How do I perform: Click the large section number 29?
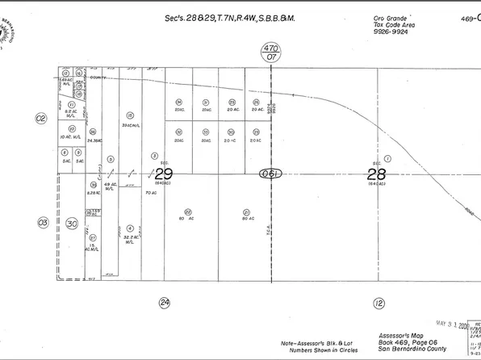pos(164,174)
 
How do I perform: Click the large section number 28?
pos(376,174)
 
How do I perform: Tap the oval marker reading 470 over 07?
pos(270,53)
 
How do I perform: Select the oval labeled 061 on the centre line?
pos(270,174)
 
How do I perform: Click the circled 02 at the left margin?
pos(41,118)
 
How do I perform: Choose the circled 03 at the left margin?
pos(43,221)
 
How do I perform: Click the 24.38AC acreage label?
pos(94,141)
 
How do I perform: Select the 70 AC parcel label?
pos(149,194)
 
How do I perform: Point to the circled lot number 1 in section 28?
pos(387,159)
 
